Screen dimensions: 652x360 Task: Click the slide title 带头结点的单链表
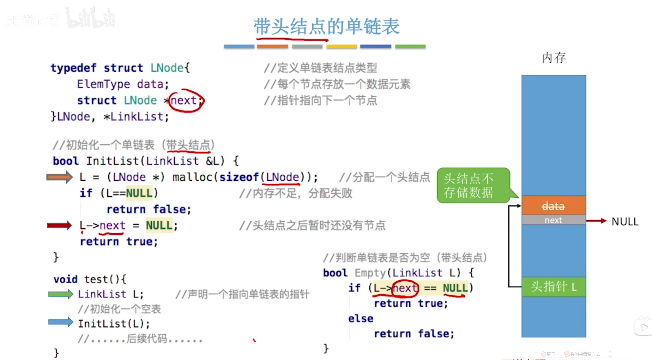point(326,26)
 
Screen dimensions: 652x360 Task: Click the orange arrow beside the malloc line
point(59,177)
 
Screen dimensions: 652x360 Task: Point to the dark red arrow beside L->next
point(59,225)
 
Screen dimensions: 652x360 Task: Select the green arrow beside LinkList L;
point(60,294)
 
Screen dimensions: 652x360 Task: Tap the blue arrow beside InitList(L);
point(60,322)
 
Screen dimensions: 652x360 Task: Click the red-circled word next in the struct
point(184,101)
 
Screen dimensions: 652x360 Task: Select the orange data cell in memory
point(553,206)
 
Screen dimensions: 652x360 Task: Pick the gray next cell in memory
point(553,220)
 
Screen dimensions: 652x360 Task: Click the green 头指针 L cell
point(553,287)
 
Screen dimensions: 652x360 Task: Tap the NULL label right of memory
point(625,222)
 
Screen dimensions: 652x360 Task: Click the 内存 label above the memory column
point(554,58)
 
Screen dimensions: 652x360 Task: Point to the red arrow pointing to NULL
point(596,221)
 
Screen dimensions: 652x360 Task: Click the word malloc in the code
point(193,177)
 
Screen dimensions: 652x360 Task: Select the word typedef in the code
point(73,68)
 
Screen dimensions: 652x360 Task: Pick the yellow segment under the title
point(342,46)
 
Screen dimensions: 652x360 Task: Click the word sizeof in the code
point(239,177)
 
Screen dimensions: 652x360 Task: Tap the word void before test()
point(65,279)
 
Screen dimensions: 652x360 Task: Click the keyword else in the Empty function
point(361,318)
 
